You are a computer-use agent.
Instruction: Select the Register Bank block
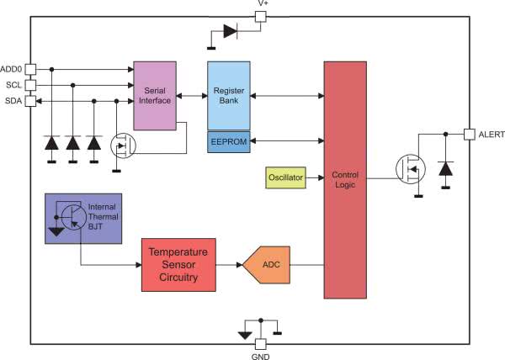[228, 95]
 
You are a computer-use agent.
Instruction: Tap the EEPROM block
[228, 142]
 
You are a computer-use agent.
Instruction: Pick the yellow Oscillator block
[285, 177]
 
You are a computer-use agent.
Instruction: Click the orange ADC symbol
[268, 265]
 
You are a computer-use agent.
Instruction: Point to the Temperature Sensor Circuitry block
[178, 264]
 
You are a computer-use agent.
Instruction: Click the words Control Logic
[345, 179]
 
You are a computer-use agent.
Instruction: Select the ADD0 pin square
[30, 69]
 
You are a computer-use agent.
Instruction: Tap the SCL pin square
[30, 85]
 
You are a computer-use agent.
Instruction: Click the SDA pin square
[30, 101]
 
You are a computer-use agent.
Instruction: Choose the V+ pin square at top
[261, 16]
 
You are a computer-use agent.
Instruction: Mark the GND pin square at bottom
[261, 343]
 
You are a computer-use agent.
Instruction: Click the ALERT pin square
[470, 134]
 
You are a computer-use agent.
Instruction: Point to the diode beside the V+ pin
[230, 32]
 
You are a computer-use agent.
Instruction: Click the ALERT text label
[491, 135]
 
